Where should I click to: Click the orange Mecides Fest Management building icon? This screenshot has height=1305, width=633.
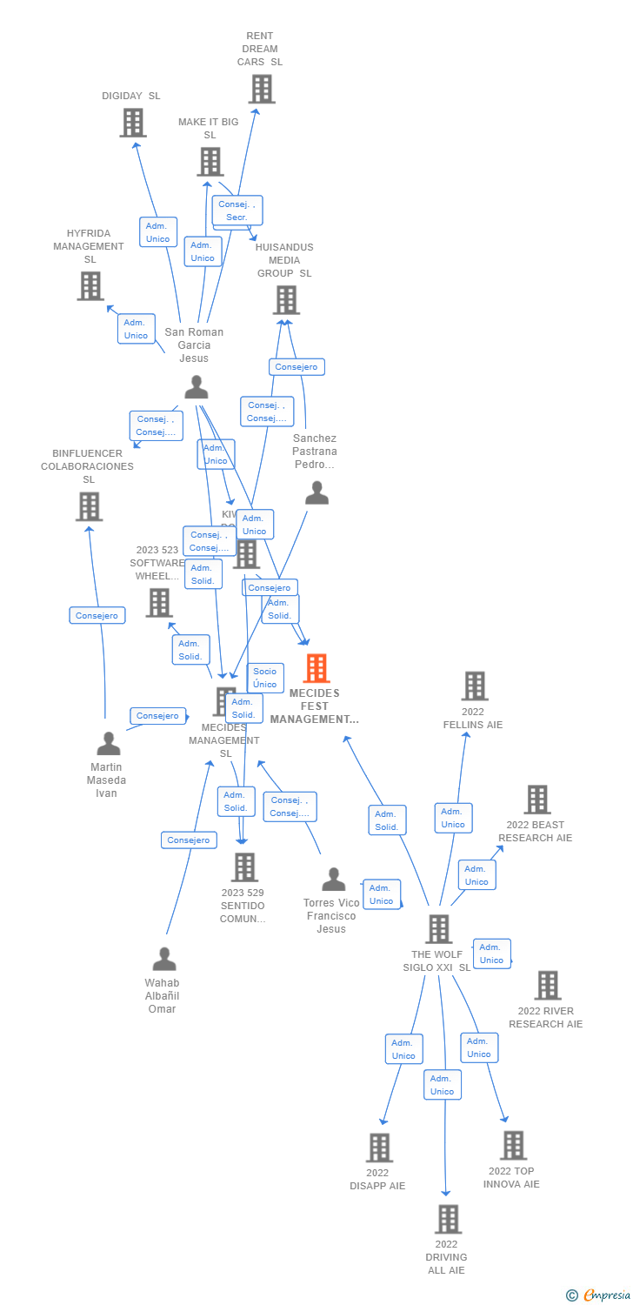click(x=316, y=668)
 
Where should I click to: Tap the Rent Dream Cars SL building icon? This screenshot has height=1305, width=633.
click(x=261, y=89)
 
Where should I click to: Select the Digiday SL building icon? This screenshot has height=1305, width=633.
click(x=132, y=123)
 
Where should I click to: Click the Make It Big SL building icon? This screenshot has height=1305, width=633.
click(x=210, y=162)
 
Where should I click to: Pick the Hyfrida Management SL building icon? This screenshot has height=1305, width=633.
click(x=90, y=286)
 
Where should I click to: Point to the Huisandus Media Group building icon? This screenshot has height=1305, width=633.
click(x=285, y=300)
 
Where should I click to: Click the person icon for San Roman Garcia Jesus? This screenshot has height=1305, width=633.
click(x=197, y=387)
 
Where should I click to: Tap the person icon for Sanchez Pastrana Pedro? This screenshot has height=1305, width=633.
click(x=316, y=493)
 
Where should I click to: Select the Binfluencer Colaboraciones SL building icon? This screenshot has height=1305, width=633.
click(x=89, y=506)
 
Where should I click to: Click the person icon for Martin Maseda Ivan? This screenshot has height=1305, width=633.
click(x=108, y=744)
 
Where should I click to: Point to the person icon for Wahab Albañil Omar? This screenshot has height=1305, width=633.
click(x=163, y=960)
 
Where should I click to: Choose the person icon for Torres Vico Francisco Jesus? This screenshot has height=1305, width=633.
click(x=333, y=880)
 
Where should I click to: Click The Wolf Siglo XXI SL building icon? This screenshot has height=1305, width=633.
click(x=438, y=929)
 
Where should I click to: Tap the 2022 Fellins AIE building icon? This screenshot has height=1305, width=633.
click(x=474, y=686)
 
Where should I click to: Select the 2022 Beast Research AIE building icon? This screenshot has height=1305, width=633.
click(x=536, y=800)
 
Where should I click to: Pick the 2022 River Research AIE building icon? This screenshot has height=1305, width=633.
click(x=547, y=985)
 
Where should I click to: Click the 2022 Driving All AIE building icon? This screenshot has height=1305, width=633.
click(x=447, y=1219)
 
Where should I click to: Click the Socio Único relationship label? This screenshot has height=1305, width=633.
click(x=265, y=678)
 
